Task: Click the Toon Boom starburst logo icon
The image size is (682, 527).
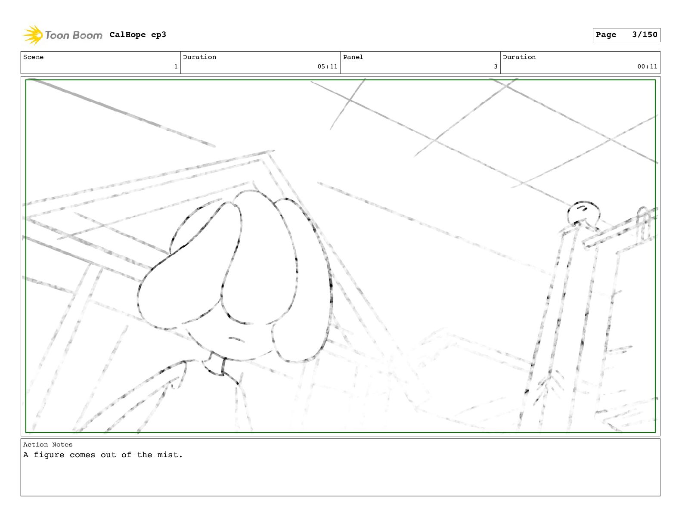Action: coord(33,35)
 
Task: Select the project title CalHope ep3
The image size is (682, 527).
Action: coord(138,34)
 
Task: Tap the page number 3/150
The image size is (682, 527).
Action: coord(645,34)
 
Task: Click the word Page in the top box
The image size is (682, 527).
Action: coord(606,35)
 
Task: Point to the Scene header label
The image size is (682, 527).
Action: coord(33,57)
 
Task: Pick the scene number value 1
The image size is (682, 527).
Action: coord(176,67)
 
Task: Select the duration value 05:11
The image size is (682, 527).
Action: coord(327,67)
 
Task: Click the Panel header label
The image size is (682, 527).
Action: coord(353,57)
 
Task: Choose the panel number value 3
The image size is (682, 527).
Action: coord(496,67)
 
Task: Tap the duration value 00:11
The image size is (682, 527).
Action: coord(647,67)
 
